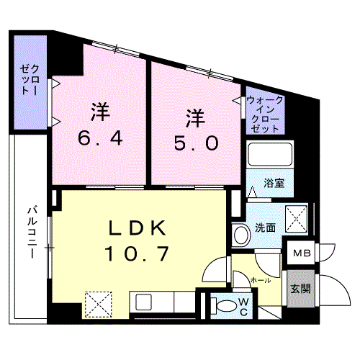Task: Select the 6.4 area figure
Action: (x=99, y=138)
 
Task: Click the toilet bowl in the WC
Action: (x=226, y=305)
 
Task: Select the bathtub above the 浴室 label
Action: (x=267, y=155)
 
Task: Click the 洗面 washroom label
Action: (x=264, y=228)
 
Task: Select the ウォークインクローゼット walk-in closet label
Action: (x=264, y=114)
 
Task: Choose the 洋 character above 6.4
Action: (x=99, y=112)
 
